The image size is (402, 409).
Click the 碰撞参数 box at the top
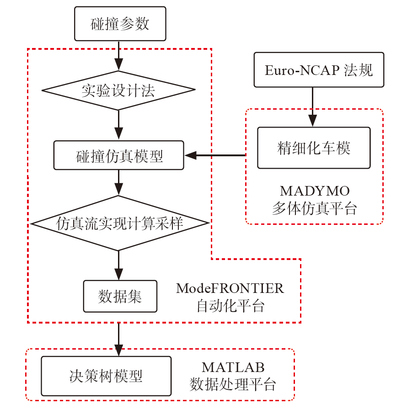120,24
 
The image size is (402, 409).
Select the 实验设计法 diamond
118,90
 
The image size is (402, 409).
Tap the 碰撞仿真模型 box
118,156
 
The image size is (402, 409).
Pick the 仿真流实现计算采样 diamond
119,223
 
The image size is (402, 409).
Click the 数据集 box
120,296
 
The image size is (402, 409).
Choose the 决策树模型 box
106,376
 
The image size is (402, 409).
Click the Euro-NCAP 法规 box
319,70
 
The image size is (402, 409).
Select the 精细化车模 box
314,148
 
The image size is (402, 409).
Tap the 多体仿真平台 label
314,208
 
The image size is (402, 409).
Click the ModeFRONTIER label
230,288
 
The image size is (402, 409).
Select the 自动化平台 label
230,305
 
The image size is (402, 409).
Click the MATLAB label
233,367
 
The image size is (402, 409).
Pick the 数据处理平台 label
233,384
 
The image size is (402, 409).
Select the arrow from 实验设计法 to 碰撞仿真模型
119,125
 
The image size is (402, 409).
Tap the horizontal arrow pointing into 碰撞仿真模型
215,156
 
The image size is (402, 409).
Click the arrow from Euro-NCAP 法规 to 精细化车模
313,107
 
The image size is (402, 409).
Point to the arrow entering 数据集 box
119,266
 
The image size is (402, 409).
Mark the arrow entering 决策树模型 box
119,340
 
